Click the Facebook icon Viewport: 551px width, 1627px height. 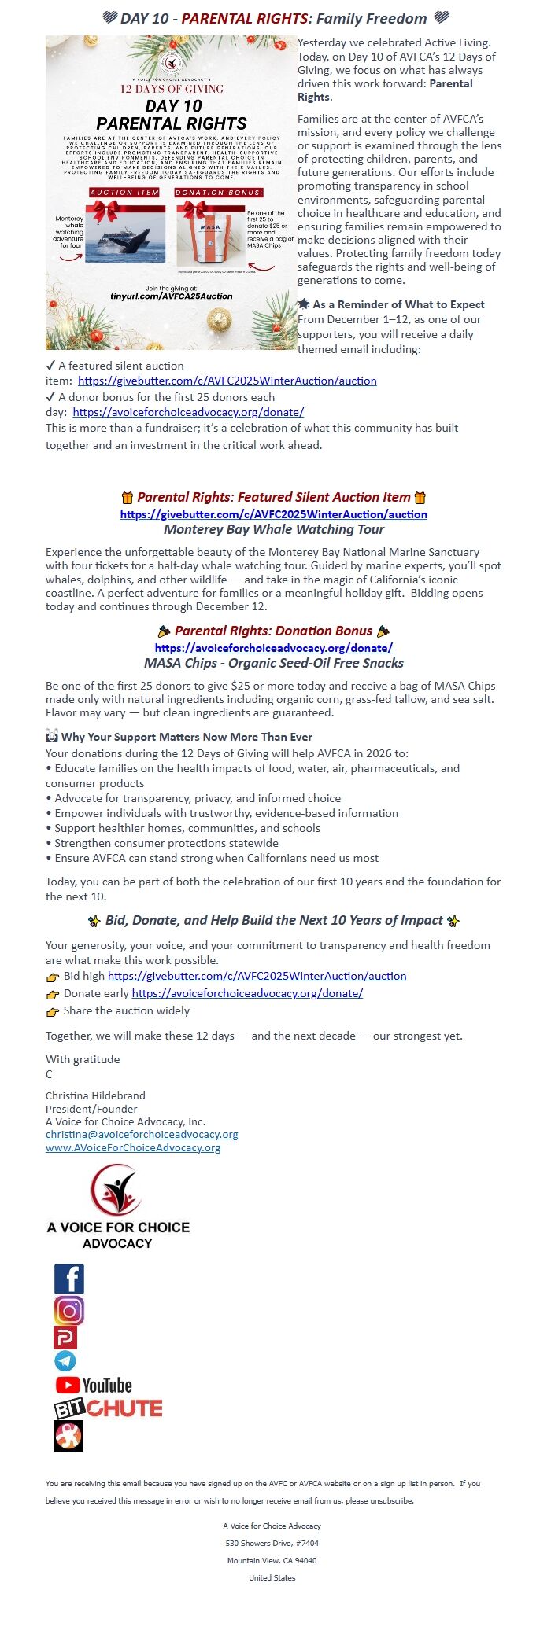pyautogui.click(x=68, y=1279)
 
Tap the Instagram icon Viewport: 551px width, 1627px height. pyautogui.click(x=68, y=1311)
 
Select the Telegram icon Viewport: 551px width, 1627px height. pyautogui.click(x=65, y=1360)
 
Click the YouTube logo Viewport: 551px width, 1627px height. pyautogui.click(x=94, y=1386)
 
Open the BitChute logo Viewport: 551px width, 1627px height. pyautogui.click(x=108, y=1408)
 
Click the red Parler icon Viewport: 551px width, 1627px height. pyautogui.click(x=65, y=1338)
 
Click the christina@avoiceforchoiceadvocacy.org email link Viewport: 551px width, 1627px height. pyautogui.click(x=142, y=1135)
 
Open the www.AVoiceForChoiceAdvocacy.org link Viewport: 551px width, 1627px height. pyautogui.click(x=133, y=1148)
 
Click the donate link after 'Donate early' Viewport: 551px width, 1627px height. pyautogui.click(x=247, y=993)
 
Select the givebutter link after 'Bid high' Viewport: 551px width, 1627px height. pyautogui.click(x=257, y=976)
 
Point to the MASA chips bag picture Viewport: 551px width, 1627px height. pyautogui.click(x=210, y=235)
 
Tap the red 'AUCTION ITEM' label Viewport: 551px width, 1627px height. pyautogui.click(x=124, y=192)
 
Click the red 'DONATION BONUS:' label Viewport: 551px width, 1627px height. pyautogui.click(x=219, y=192)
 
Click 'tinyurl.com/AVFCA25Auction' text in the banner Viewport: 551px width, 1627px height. pyautogui.click(x=172, y=296)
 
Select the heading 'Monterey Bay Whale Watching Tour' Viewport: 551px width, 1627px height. pyautogui.click(x=274, y=529)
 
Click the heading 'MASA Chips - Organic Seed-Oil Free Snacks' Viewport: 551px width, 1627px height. pyautogui.click(x=274, y=663)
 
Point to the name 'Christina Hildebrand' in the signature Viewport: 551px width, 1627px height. pyautogui.click(x=95, y=1095)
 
